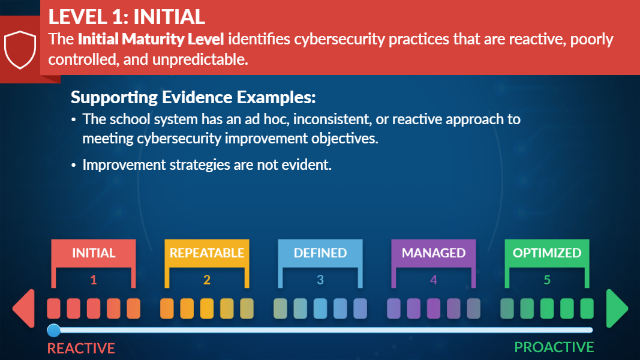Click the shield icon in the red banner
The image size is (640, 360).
click(20, 49)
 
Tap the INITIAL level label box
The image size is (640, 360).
click(94, 253)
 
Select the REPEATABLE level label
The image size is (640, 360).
click(207, 253)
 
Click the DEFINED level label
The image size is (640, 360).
click(320, 253)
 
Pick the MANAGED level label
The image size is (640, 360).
click(434, 253)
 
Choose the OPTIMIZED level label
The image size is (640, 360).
click(547, 253)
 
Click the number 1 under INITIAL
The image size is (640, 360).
click(94, 280)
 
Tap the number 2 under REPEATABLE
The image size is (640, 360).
click(207, 280)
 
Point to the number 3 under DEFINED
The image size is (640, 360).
click(320, 280)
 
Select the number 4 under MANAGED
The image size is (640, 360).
click(434, 280)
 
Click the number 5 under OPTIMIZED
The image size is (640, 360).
click(547, 280)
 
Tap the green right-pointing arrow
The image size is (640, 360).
click(617, 308)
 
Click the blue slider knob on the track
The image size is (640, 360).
click(53, 330)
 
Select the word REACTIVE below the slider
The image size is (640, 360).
click(81, 349)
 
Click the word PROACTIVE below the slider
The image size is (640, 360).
click(554, 347)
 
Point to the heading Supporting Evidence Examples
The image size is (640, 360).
click(193, 98)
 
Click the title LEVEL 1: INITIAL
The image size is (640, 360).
click(127, 17)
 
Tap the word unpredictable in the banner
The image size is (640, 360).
click(200, 59)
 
